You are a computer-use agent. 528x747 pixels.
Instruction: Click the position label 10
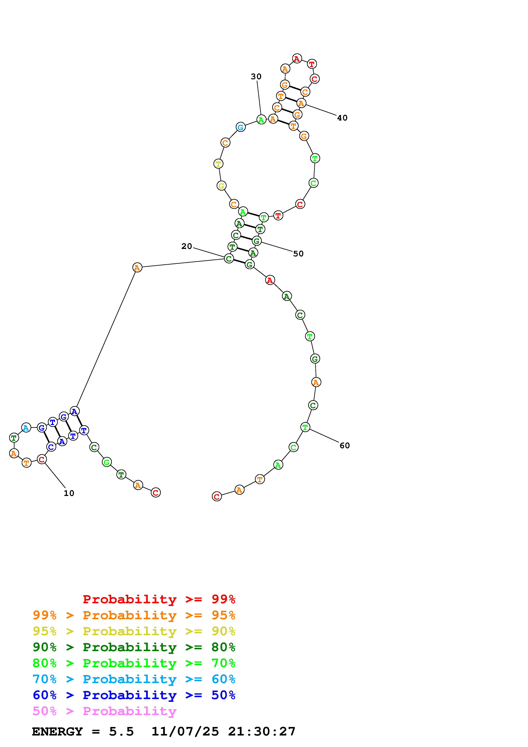(69, 493)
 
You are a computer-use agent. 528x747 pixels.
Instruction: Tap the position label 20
(187, 246)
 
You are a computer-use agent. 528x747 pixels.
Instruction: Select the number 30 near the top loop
(256, 76)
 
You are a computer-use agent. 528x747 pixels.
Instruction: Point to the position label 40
(342, 118)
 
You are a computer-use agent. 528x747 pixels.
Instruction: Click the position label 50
(298, 254)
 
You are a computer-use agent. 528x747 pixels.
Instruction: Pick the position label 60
(345, 445)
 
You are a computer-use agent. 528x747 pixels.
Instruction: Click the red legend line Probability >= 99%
(159, 599)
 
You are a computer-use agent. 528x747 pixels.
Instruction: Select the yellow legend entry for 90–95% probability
(134, 631)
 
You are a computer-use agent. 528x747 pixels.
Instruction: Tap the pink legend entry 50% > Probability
(104, 711)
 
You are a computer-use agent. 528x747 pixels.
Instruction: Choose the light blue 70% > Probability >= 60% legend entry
(134, 679)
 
